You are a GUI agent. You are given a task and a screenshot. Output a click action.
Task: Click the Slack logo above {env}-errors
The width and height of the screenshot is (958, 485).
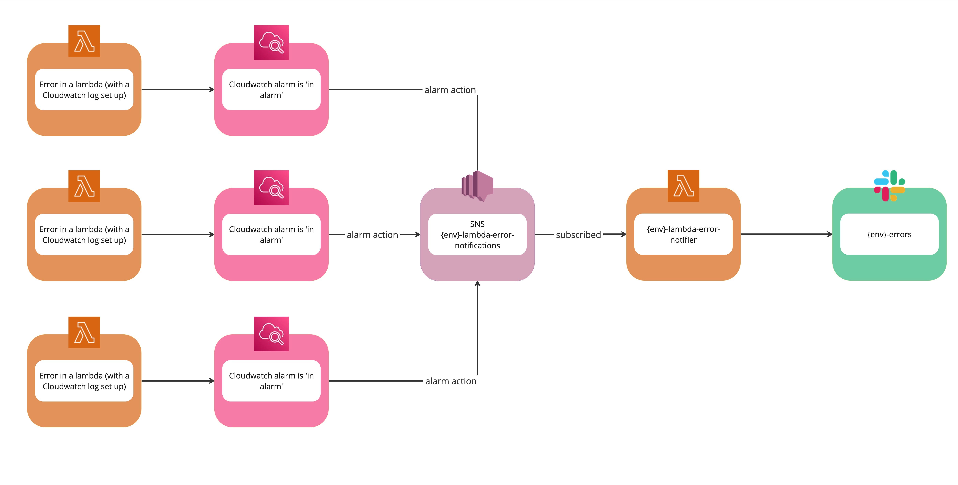click(x=889, y=186)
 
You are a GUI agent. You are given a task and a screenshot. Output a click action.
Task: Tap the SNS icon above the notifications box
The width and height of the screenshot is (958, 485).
click(x=478, y=186)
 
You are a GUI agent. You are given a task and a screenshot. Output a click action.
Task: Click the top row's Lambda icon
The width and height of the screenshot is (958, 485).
click(x=84, y=41)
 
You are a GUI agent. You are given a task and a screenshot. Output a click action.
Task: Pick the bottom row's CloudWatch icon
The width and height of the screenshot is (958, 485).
click(x=271, y=334)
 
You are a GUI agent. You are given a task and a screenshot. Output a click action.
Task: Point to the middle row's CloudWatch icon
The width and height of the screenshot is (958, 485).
click(x=271, y=187)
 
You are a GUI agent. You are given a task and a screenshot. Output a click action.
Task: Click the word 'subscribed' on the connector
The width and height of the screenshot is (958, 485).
click(x=578, y=235)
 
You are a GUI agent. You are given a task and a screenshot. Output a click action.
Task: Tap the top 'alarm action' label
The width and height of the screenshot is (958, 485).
click(x=450, y=90)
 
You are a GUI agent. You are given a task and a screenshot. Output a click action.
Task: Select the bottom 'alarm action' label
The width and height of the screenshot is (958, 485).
click(x=451, y=381)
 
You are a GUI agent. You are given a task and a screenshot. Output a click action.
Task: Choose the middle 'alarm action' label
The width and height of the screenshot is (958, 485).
click(x=372, y=235)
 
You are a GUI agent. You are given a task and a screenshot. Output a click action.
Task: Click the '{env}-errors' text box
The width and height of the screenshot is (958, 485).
click(x=889, y=234)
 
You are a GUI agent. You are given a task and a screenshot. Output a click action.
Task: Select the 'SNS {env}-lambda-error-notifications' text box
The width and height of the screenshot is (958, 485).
click(x=478, y=234)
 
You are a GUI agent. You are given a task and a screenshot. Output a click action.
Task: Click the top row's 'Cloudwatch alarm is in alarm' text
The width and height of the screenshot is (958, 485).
click(x=271, y=90)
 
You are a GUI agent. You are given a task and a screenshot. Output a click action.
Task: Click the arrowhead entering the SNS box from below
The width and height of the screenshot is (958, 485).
click(x=478, y=284)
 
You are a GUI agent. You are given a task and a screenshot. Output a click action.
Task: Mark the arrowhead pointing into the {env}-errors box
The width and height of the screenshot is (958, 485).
click(x=830, y=234)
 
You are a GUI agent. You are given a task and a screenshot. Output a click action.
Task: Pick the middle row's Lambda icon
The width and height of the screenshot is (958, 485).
click(x=84, y=186)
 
